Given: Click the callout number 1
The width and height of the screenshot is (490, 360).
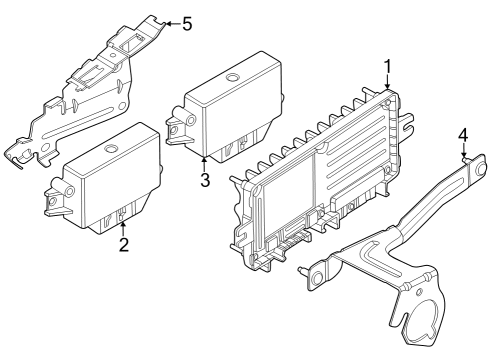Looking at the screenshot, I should coord(387,67).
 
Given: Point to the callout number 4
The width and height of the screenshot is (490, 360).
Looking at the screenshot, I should coord(462,135).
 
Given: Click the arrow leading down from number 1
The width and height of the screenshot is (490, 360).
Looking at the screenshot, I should coord(387,84).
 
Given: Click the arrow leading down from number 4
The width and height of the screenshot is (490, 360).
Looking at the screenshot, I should coord(463,151).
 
